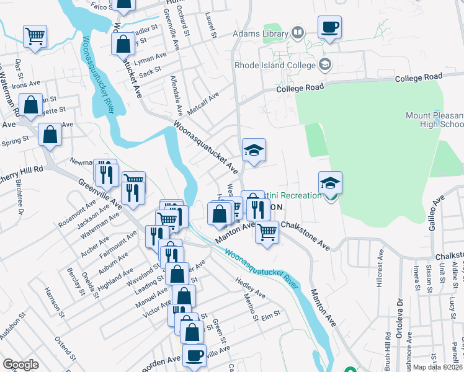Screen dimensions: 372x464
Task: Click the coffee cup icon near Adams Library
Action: point(329,27)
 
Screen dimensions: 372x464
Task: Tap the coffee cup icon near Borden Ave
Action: point(194,356)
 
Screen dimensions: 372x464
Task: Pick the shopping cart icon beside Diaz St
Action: point(35,35)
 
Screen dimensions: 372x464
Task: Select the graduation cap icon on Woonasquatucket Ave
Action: point(254,150)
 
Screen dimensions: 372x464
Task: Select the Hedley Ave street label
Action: point(250,288)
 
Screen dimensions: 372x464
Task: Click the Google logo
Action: point(21,365)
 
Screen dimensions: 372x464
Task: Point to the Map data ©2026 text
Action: point(438,367)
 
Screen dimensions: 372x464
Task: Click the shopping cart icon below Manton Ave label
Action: point(267,232)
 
